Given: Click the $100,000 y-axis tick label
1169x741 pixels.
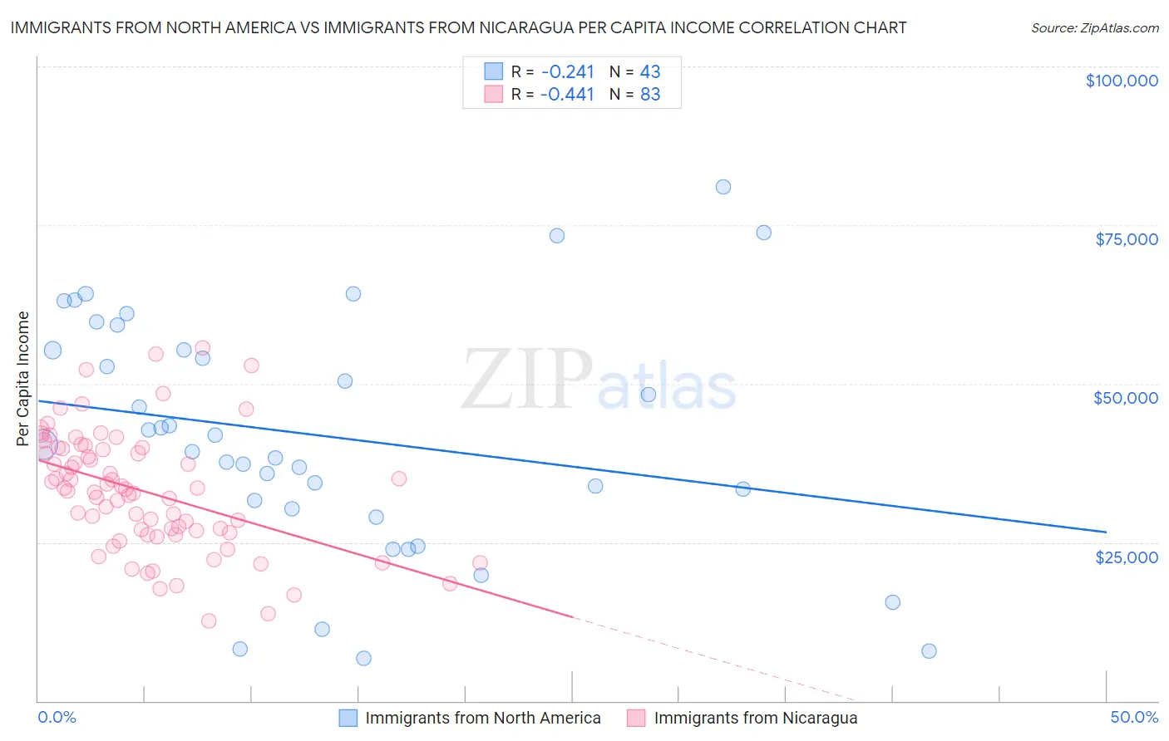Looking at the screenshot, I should pos(1121,81).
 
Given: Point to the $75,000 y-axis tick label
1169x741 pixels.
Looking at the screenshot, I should pos(1126,239).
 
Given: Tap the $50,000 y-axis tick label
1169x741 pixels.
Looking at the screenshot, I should pos(1125,398).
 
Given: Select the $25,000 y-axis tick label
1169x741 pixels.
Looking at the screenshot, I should pos(1126,557).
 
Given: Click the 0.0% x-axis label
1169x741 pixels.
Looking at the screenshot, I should pos(57,717).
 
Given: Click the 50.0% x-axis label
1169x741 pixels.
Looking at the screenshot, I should pos(1133,717).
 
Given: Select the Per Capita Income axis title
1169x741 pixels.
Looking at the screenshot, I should pos(22,378).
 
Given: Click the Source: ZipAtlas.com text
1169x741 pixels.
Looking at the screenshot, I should pos(1094,28).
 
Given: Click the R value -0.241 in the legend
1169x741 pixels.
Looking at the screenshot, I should pos(566,71).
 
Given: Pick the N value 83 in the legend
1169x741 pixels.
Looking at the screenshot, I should pos(649,95).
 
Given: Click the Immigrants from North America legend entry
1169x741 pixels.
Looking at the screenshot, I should pos(470,718).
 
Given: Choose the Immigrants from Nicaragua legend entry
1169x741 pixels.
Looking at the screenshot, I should pos(742,718).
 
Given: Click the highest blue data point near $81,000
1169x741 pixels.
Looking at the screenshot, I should pos(723,187).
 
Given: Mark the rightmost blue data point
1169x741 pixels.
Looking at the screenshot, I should pos(929,651).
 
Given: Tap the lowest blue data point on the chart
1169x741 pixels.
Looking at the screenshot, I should pos(363,659).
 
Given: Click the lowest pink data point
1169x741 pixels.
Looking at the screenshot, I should pos(209,621).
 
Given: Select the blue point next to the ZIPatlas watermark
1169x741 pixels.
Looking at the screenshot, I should pos(649,395).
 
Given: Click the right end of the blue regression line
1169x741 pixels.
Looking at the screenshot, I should pos(1106,532).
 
